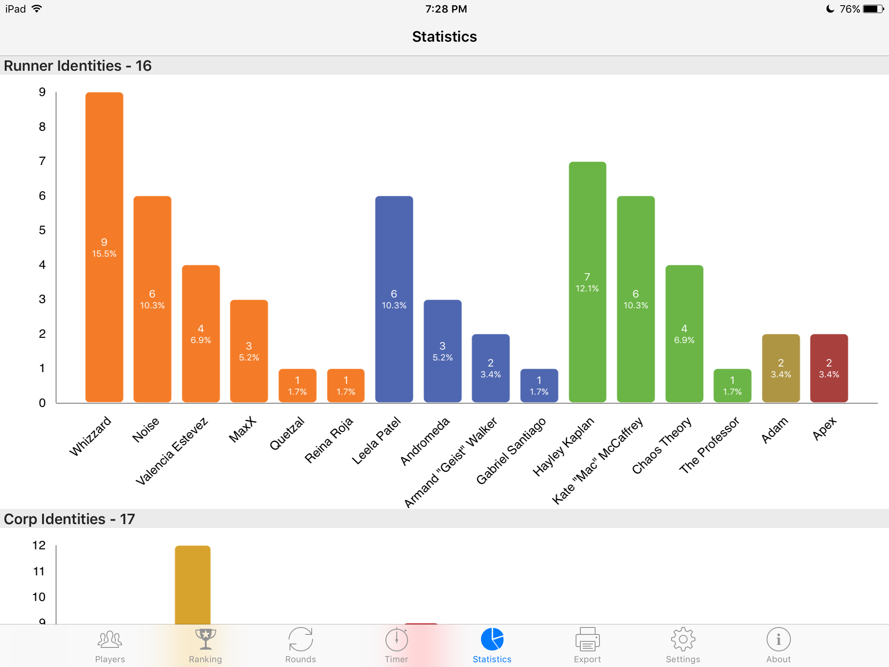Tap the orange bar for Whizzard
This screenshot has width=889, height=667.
click(x=104, y=247)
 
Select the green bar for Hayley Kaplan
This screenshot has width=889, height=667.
click(x=587, y=282)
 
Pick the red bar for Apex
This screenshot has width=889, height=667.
click(x=829, y=368)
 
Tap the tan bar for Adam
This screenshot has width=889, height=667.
click(x=780, y=368)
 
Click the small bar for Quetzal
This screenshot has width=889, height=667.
click(x=297, y=385)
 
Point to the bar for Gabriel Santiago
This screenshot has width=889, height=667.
click(x=539, y=385)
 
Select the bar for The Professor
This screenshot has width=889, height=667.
click(x=732, y=385)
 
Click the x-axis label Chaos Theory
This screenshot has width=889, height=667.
click(x=662, y=445)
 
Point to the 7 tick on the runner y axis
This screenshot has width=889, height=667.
click(x=42, y=161)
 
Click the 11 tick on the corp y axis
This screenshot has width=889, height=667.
click(x=39, y=571)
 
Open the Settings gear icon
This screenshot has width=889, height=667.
click(x=683, y=639)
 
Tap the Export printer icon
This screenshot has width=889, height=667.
click(x=587, y=639)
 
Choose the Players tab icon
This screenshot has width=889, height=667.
click(x=110, y=639)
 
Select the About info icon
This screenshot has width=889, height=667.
click(x=778, y=639)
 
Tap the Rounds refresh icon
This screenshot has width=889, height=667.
click(x=300, y=639)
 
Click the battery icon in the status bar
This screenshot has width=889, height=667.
click(x=873, y=9)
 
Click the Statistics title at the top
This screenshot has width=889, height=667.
click(x=444, y=37)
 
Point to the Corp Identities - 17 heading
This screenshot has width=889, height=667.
click(x=69, y=519)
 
